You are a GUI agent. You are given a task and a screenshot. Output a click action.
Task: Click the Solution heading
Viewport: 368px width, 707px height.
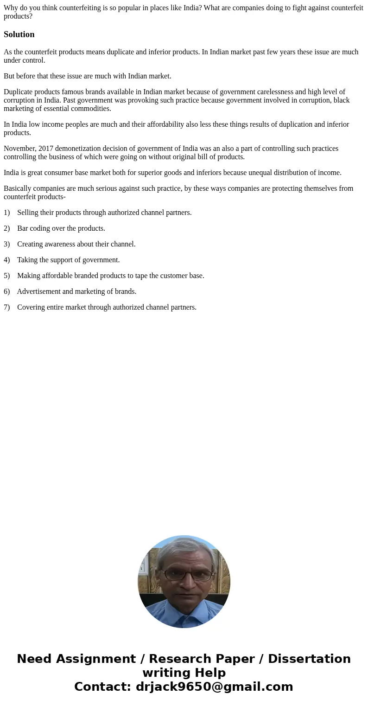(x=19, y=34)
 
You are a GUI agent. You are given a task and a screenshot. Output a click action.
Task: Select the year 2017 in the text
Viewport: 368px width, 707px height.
(x=46, y=149)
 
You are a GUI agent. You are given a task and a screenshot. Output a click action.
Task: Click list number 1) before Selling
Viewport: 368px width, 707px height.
(x=6, y=213)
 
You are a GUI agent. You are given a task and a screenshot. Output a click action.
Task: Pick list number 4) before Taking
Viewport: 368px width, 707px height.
(x=6, y=260)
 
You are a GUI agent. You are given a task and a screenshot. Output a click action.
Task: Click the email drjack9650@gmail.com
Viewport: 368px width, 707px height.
(x=214, y=687)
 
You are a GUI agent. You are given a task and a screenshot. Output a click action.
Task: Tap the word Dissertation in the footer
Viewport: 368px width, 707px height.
(x=309, y=659)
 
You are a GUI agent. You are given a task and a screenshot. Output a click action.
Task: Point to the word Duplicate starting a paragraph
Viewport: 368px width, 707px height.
(x=18, y=92)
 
